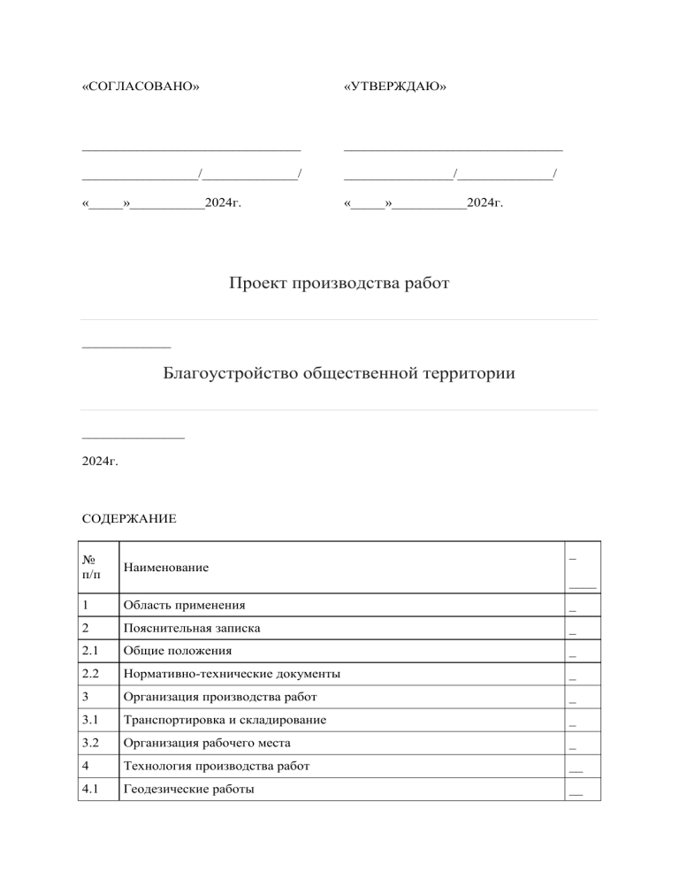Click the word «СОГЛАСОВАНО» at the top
coord(140,88)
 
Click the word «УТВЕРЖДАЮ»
coord(394,88)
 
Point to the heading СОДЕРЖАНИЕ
coord(129,519)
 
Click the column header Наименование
coord(166,567)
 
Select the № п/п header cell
coord(92,567)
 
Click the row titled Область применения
coord(185,606)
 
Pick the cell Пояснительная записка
coord(192,629)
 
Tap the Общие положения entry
coord(178,652)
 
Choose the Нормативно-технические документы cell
coord(232,675)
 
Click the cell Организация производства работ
coord(220,698)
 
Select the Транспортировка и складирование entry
coord(225,721)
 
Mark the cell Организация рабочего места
coord(207,744)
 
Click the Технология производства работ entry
coord(217,766)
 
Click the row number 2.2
coord(90,675)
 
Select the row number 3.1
coord(90,721)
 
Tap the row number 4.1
coord(90,789)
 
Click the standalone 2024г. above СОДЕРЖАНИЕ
coord(100,462)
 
